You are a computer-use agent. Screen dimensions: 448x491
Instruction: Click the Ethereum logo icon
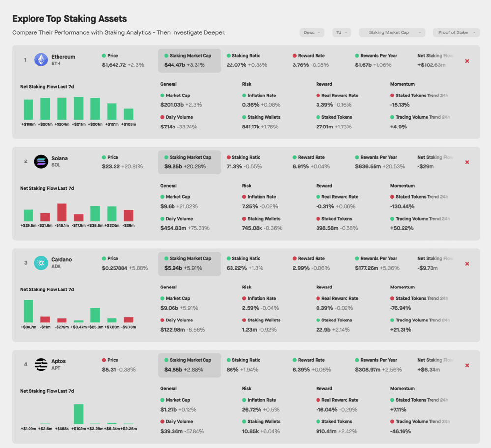coord(41,60)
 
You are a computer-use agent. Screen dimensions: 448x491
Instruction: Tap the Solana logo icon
coord(41,161)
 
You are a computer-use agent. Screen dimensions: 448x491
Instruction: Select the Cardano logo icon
coord(41,263)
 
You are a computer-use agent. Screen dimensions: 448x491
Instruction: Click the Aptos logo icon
coord(41,364)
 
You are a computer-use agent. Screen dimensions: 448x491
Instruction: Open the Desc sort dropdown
coord(312,32)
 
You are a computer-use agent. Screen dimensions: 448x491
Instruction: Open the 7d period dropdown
coord(342,32)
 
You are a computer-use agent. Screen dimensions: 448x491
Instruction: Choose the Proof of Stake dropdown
coord(456,32)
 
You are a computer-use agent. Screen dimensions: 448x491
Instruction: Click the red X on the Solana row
coord(467,162)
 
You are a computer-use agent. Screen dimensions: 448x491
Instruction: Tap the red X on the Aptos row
coord(467,365)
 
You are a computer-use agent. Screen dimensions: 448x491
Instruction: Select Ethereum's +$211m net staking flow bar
coord(79,108)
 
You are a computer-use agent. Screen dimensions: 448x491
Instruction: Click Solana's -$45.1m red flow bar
coord(62,212)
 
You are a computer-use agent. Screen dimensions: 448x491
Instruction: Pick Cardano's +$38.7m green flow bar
coord(29,311)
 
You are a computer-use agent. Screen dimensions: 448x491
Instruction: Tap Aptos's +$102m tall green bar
coord(79,414)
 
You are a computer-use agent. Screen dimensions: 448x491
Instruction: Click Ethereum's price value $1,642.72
coord(114,65)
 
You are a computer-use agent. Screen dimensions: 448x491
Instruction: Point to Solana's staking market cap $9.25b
coord(173,166)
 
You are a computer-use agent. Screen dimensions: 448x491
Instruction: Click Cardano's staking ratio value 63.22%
coord(236,268)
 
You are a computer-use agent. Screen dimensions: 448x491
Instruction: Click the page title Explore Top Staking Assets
coord(69,19)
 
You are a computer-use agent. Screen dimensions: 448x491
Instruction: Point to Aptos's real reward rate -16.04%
coord(326,410)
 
